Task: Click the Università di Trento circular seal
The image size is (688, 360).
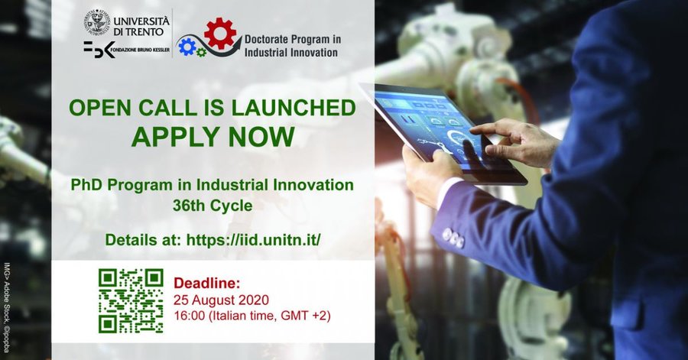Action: (96, 22)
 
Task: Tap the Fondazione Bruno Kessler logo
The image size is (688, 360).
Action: (126, 50)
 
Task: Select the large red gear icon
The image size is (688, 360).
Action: (220, 33)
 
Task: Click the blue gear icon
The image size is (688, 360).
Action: (187, 47)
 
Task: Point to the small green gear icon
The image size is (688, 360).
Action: (201, 53)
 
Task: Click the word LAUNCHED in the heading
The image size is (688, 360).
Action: (294, 108)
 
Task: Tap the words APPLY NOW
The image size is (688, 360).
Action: (213, 137)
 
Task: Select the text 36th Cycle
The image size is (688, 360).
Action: (213, 206)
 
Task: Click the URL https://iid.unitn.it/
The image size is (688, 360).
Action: (253, 240)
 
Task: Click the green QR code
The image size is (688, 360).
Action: (131, 301)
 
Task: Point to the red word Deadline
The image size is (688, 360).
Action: (206, 284)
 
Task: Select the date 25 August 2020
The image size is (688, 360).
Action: (221, 300)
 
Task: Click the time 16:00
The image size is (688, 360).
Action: (189, 315)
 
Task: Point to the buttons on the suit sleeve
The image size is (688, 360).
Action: (453, 238)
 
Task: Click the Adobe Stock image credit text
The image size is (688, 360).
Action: (7, 307)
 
